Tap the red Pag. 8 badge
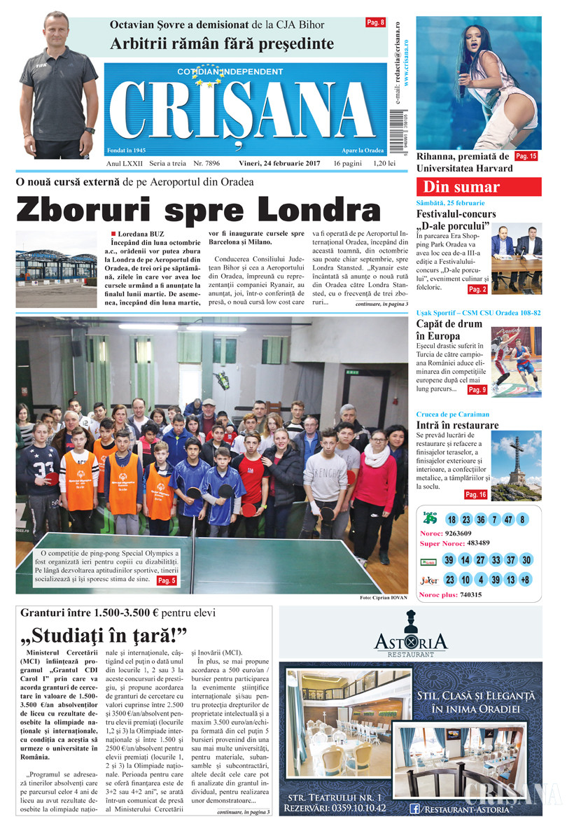click(376, 22)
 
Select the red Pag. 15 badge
click(526, 156)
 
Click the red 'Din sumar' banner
click(479, 187)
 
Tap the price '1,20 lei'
click(385, 163)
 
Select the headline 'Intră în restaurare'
click(457, 426)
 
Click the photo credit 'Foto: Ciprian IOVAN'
click(383, 598)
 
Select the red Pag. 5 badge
click(166, 580)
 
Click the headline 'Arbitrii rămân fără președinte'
click(222, 44)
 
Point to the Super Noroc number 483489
click(482, 543)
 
